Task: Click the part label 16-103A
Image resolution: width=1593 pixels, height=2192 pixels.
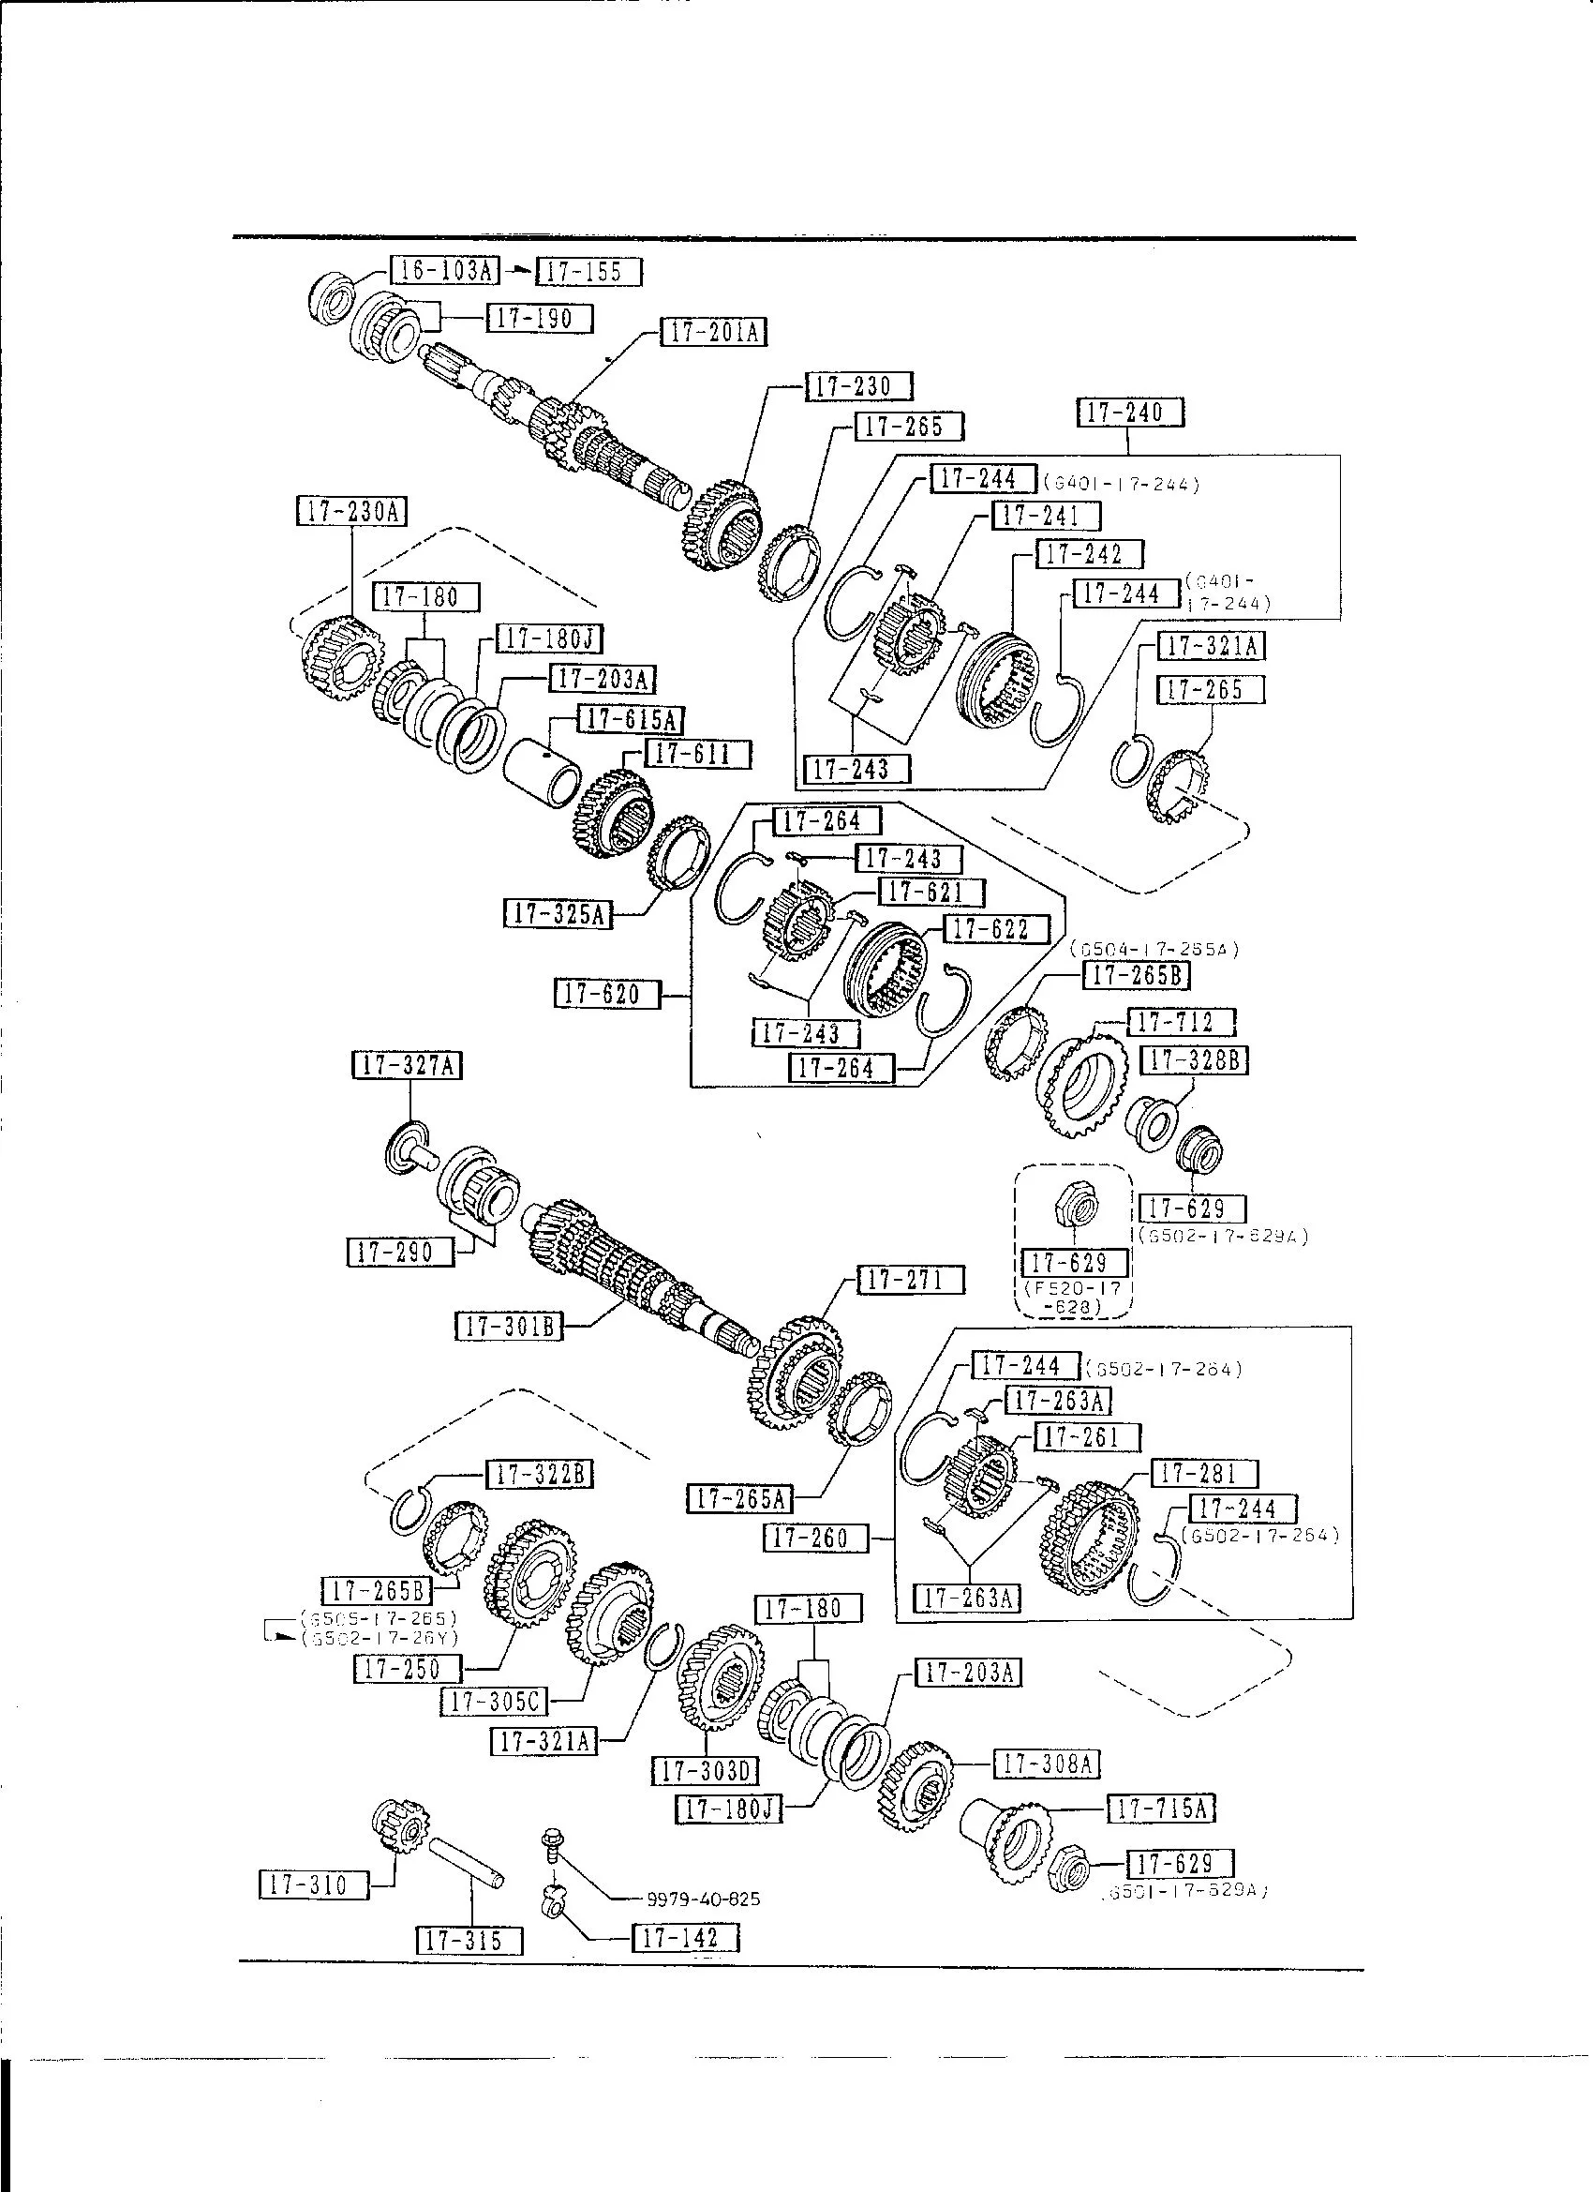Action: click(x=444, y=270)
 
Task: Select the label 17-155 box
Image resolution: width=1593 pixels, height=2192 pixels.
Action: click(x=588, y=273)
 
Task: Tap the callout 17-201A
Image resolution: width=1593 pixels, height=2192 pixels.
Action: click(x=713, y=333)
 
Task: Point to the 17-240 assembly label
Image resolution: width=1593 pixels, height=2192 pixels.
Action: click(x=1129, y=413)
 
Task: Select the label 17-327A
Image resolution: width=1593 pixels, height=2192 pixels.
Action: click(x=407, y=1065)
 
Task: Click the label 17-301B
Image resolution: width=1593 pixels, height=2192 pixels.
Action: click(x=508, y=1326)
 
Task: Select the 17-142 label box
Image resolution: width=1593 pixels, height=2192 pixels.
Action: click(x=685, y=1937)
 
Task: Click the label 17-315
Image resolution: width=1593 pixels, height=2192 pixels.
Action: click(x=469, y=1940)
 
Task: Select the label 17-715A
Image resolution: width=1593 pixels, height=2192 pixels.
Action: click(x=1160, y=1808)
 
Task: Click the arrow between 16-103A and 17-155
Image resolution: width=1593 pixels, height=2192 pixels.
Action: click(x=518, y=272)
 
